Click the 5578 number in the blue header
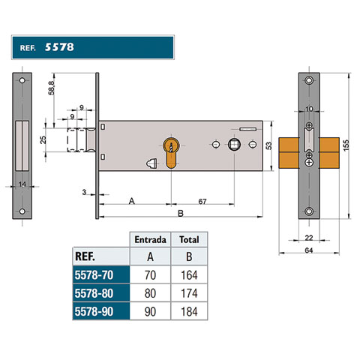(59, 47)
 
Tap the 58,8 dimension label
(51, 88)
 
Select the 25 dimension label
(43, 139)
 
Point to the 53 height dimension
(268, 145)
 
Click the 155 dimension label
(346, 145)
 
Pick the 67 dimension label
(202, 201)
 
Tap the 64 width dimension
(309, 250)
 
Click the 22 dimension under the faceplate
(309, 238)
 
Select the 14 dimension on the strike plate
(22, 184)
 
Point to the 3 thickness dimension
(84, 192)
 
